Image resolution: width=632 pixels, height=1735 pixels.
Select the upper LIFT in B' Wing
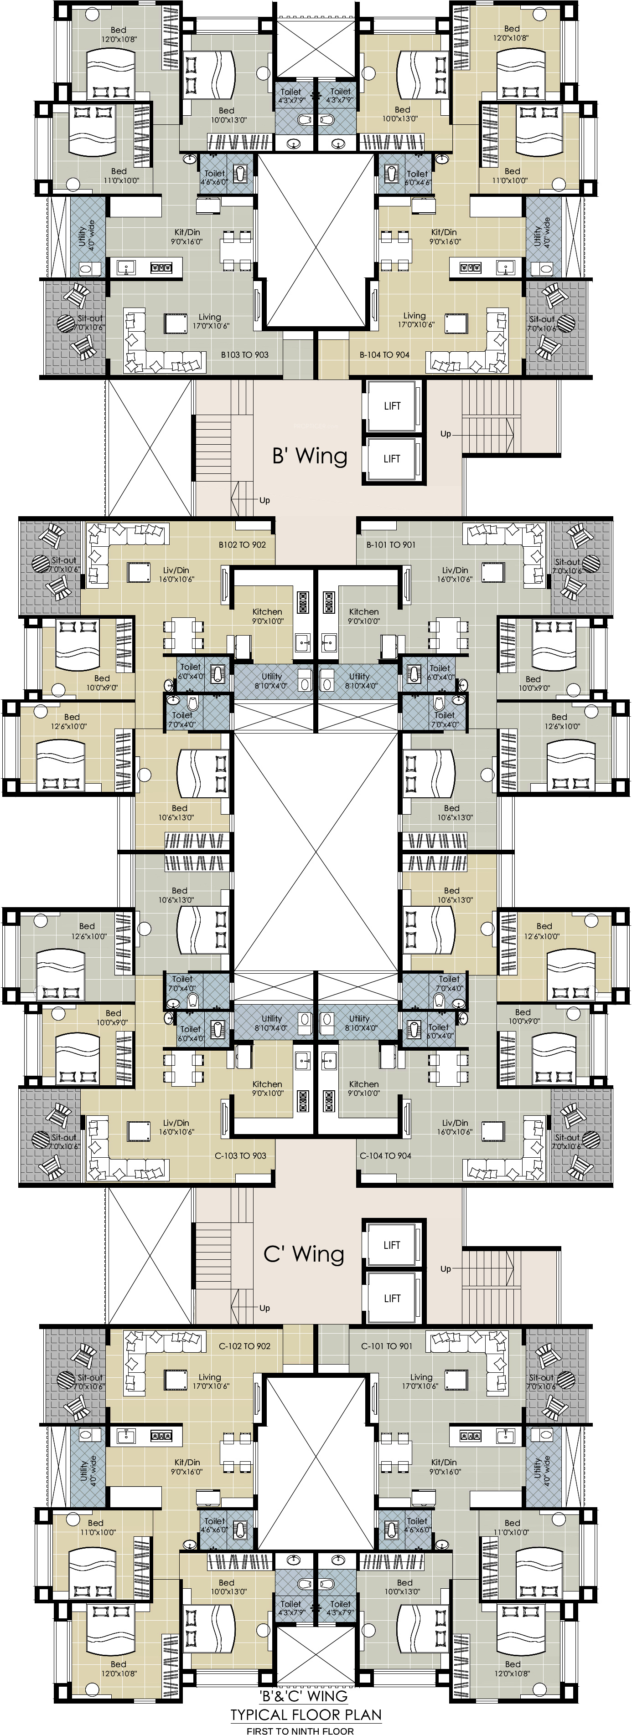392,406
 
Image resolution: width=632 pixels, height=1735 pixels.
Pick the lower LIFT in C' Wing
392,1298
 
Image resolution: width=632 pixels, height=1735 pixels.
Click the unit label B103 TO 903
244,354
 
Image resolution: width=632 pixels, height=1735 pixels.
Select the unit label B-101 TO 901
391,544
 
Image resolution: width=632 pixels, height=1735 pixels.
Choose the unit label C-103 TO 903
241,1155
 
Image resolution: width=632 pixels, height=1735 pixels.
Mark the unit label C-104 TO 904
385,1155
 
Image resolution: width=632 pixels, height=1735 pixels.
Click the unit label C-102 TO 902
244,1346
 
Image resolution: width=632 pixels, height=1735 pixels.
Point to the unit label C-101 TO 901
387,1346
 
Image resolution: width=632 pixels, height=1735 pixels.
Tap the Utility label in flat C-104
359,1023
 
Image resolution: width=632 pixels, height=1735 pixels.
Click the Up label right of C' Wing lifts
446,1269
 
